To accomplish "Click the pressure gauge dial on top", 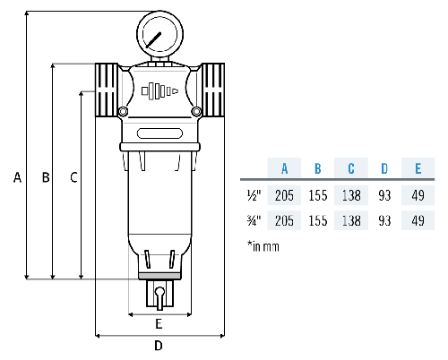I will pyautogui.click(x=158, y=37).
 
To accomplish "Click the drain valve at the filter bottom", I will pyautogui.click(x=159, y=295).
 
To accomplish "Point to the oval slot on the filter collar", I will pyautogui.click(x=159, y=135).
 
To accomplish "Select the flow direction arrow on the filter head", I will pyautogui.click(x=159, y=91).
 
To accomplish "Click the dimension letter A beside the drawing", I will pyautogui.click(x=16, y=177).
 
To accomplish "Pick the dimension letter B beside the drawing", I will pyautogui.click(x=45, y=177).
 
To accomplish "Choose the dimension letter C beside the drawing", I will pyautogui.click(x=73, y=177).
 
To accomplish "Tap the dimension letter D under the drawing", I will pyautogui.click(x=159, y=345).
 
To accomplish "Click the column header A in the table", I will pyautogui.click(x=284, y=168).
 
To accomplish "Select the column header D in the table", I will pyautogui.click(x=383, y=168).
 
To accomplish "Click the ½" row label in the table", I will pyautogui.click(x=253, y=194).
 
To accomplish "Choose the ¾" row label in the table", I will pyautogui.click(x=253, y=220).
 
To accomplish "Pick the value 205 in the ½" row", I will pyautogui.click(x=284, y=194).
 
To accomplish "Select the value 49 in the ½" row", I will pyautogui.click(x=417, y=194).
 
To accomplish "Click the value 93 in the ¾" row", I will pyautogui.click(x=383, y=220).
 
